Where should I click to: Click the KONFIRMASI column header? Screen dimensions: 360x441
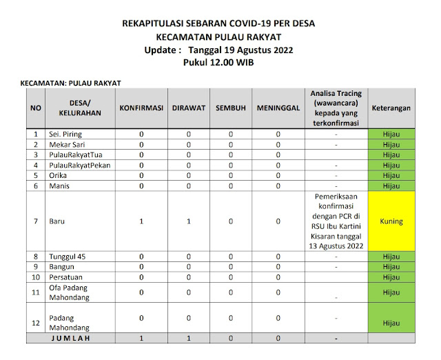[141, 109]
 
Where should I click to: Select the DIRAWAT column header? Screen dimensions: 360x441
[187, 109]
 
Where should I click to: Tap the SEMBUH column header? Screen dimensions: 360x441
[231, 109]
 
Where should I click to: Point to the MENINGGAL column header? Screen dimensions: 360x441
[278, 109]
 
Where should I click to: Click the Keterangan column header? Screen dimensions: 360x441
[391, 109]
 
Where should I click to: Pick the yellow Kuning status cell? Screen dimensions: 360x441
[391, 222]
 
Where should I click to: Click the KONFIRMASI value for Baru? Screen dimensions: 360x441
[141, 222]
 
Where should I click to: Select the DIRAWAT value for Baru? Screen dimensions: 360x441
[187, 222]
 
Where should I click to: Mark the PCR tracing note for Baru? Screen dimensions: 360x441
[336, 222]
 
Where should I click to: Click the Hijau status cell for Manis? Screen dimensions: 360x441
[391, 186]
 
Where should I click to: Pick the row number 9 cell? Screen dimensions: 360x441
[35, 267]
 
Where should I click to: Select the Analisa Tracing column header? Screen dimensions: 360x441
[336, 109]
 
